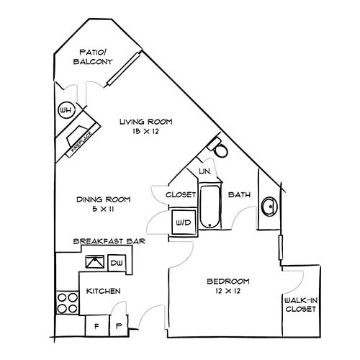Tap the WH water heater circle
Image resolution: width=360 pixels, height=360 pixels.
[x=66, y=110]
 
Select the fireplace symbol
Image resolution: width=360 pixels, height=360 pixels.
[x=77, y=137]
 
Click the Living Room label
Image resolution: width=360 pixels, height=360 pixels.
[x=146, y=122]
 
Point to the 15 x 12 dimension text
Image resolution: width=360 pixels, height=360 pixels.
[x=146, y=133]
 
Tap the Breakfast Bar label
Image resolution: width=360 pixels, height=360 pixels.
[x=109, y=242]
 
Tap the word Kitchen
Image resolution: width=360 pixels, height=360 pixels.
[x=104, y=292]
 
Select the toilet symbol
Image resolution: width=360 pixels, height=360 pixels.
[x=220, y=150]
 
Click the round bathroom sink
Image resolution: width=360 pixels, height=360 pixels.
[x=269, y=207]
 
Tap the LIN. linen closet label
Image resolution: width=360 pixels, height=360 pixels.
[x=204, y=171]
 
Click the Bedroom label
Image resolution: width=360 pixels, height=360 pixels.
[x=228, y=281]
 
